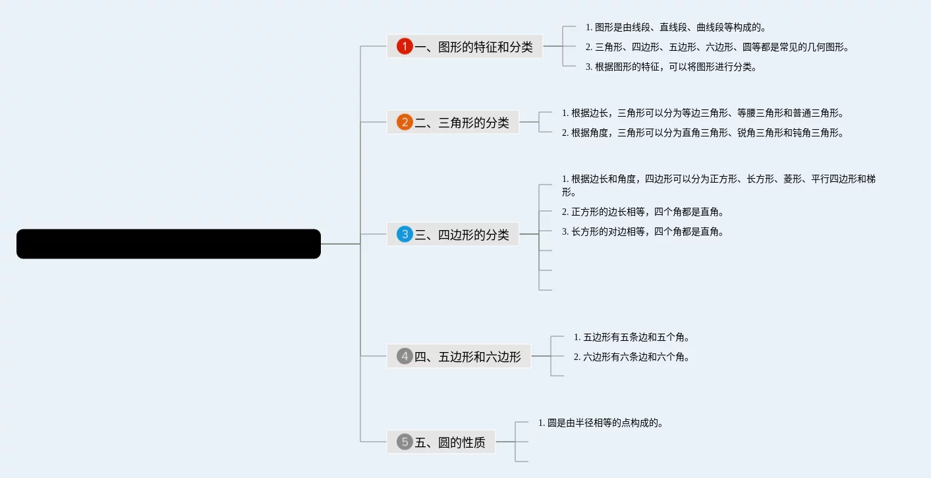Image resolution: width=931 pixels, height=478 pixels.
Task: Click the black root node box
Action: click(x=169, y=244)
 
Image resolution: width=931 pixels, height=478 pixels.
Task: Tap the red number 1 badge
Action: click(x=405, y=46)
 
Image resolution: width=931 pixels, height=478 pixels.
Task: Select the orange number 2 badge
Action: click(x=405, y=122)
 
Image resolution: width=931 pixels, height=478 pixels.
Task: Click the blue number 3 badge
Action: click(x=405, y=234)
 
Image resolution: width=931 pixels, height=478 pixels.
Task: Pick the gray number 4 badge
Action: click(x=405, y=356)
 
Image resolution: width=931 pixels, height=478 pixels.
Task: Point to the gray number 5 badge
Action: click(x=405, y=442)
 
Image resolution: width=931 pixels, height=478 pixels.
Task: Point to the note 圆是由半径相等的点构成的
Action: click(x=600, y=423)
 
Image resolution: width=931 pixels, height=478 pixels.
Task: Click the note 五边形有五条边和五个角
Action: click(x=631, y=337)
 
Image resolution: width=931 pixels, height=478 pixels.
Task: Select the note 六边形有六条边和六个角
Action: click(x=631, y=357)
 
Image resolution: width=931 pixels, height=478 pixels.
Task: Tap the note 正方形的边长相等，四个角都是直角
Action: click(x=642, y=212)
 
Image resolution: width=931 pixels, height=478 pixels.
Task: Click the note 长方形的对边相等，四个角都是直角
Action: click(x=642, y=231)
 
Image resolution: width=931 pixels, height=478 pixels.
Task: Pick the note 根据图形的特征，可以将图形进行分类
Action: click(x=671, y=67)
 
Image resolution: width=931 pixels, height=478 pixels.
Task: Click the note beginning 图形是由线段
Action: click(x=675, y=27)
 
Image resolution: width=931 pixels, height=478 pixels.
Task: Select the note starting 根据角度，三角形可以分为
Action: click(x=702, y=133)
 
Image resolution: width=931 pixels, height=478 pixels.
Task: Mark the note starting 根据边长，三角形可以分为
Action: click(x=702, y=113)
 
